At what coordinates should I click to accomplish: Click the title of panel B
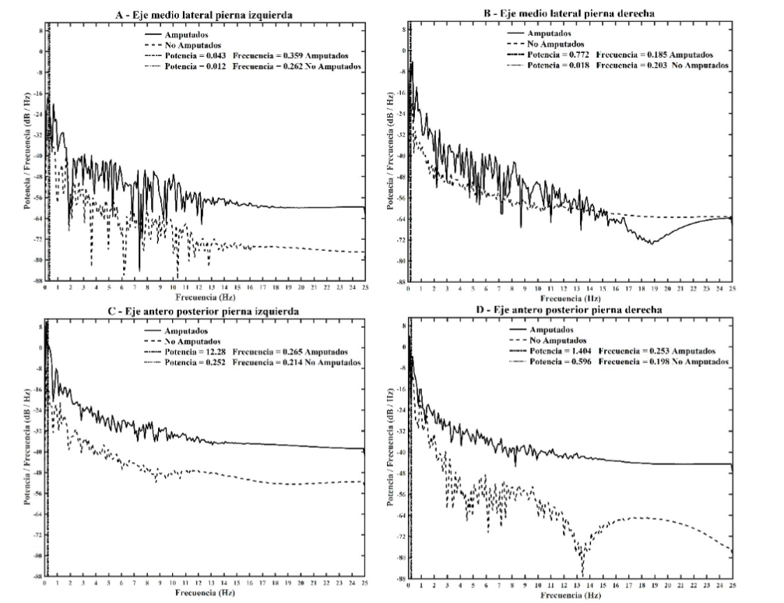click(570, 15)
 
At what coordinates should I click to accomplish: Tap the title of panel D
click(569, 312)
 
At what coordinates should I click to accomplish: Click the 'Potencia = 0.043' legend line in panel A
click(256, 56)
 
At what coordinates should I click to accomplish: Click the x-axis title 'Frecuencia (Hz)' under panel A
click(205, 297)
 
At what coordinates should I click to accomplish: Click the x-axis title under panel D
click(569, 594)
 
